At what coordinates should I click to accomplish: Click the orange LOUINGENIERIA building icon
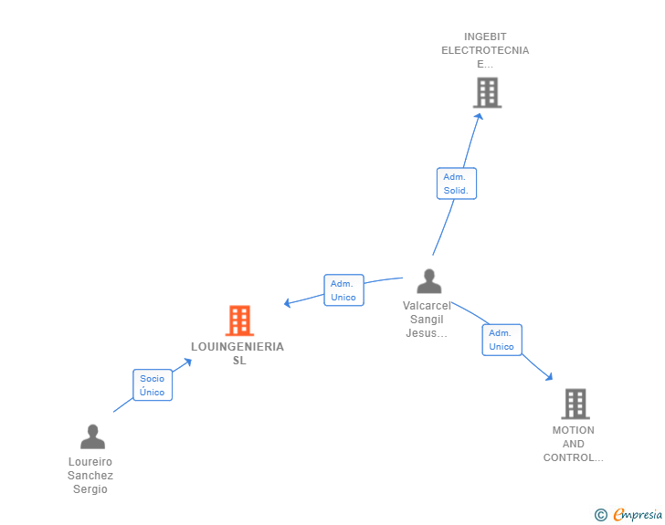[239, 320]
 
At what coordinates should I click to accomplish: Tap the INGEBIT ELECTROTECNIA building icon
[487, 92]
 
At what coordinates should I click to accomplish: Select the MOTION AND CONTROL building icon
[575, 404]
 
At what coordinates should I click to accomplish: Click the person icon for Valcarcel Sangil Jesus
[428, 281]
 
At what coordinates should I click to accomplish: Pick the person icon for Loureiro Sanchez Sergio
[92, 436]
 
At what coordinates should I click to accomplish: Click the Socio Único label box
[153, 385]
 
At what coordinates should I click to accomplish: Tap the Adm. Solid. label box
[456, 184]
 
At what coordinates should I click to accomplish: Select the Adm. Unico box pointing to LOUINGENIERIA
[343, 290]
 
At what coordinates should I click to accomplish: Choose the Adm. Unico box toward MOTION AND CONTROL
[501, 340]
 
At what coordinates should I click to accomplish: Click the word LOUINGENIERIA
[237, 347]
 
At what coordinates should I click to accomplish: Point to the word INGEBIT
[485, 37]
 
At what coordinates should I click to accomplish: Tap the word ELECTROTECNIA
[485, 51]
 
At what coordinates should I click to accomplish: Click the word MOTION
[574, 430]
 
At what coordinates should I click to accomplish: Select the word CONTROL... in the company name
[574, 457]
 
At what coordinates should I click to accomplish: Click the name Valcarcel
[427, 307]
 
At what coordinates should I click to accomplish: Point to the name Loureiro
[90, 462]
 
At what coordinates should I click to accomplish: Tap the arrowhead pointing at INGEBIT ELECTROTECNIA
[479, 116]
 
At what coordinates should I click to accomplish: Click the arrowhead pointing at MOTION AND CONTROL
[548, 376]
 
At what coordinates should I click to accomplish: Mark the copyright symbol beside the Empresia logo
[600, 515]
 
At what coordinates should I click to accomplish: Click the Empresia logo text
[638, 515]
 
